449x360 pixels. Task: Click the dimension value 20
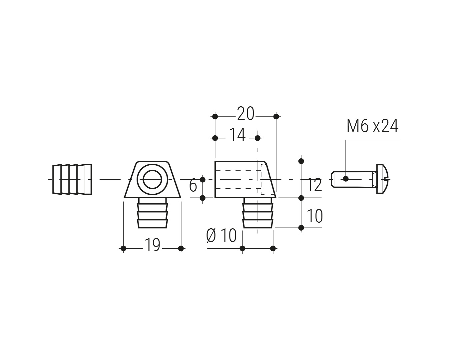pos(245,114)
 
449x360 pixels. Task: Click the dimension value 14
pos(237,135)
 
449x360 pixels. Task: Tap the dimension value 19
pos(152,245)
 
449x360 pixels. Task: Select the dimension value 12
pos(315,185)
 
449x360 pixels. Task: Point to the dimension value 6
pos(193,185)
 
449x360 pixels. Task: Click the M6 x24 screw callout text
pos(372,126)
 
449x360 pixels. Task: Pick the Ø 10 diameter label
pos(222,235)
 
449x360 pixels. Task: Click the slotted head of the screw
pos(383,179)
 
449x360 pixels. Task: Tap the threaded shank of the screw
pos(354,179)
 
